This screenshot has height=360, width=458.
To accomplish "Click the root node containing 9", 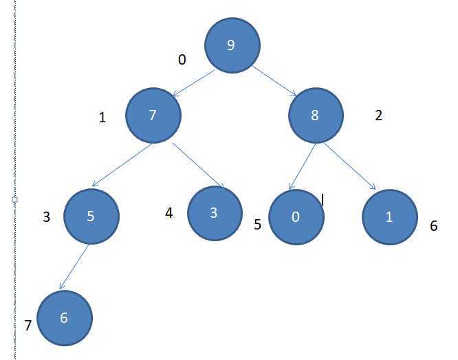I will [x=232, y=45].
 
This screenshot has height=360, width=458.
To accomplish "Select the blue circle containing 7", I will [x=153, y=115].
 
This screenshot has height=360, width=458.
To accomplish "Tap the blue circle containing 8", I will [x=315, y=115].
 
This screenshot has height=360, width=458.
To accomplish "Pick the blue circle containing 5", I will [x=91, y=216].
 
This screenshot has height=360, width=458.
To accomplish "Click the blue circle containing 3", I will [x=214, y=212].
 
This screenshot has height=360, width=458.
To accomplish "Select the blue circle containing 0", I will [x=296, y=218].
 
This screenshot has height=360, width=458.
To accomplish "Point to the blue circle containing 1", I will [x=389, y=218].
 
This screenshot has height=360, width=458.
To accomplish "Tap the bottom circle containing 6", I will [x=64, y=318].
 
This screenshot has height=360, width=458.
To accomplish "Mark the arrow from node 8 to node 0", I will [x=303, y=166].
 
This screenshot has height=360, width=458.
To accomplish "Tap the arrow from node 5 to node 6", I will [x=76, y=267].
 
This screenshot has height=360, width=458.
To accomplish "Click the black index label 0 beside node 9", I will [x=182, y=60].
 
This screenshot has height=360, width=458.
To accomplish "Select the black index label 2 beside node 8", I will [x=378, y=115].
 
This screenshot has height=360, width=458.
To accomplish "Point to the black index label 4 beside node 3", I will [x=169, y=213].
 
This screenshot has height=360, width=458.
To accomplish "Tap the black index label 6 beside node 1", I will [x=433, y=225].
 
